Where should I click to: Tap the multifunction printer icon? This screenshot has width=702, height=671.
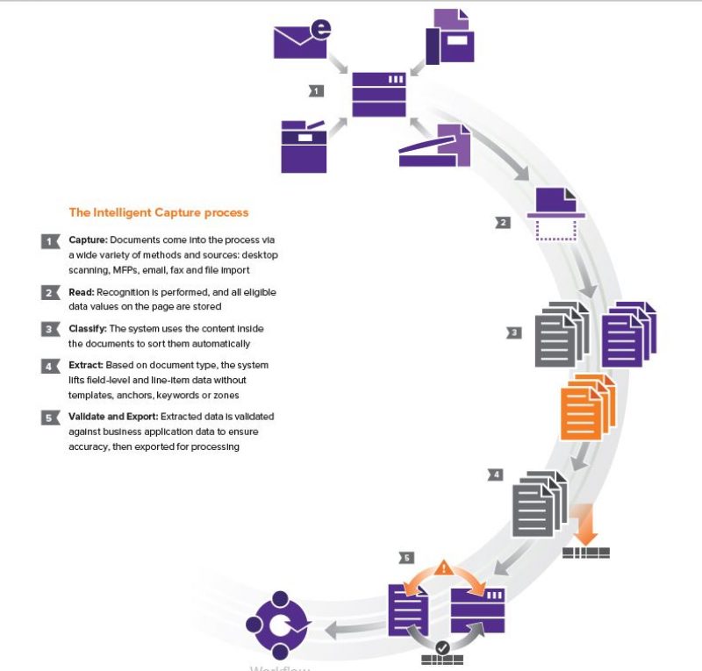(x=302, y=146)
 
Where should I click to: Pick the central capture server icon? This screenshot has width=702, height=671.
(x=379, y=94)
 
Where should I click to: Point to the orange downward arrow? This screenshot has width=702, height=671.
(x=584, y=523)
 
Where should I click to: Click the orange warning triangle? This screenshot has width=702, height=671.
(x=443, y=567)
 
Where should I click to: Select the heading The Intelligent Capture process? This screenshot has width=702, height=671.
(x=158, y=212)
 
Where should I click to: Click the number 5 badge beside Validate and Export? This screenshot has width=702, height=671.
(x=50, y=418)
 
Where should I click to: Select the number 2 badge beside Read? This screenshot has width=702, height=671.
(x=50, y=293)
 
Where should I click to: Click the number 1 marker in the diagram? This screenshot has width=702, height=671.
(x=316, y=89)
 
